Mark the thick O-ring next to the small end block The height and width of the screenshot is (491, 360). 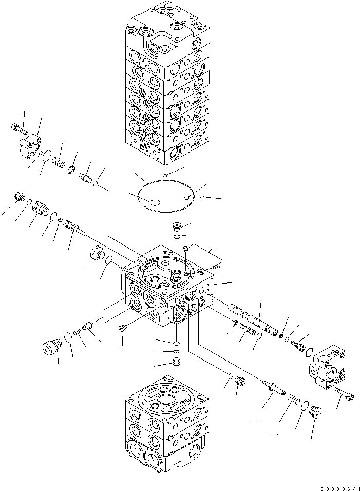coord(309,352)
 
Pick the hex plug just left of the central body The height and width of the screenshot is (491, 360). coord(97,253)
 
